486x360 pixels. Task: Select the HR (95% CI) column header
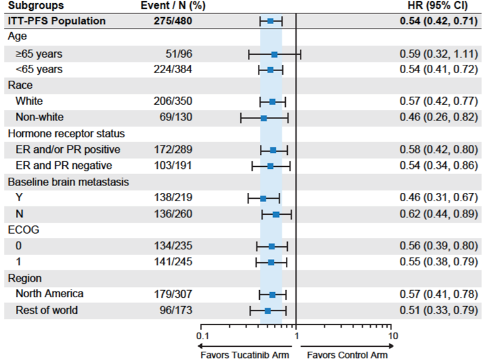[442, 6]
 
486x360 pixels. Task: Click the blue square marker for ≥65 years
[274, 54]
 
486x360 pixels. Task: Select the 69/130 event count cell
[175, 117]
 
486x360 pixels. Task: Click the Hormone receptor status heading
[66, 133]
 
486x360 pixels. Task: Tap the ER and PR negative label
[64, 166]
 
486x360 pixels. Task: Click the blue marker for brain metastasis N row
[276, 214]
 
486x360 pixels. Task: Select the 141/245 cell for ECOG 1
[173, 262]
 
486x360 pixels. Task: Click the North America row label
[50, 294]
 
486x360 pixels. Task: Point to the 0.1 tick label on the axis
[201, 335]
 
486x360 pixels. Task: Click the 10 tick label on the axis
[393, 335]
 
